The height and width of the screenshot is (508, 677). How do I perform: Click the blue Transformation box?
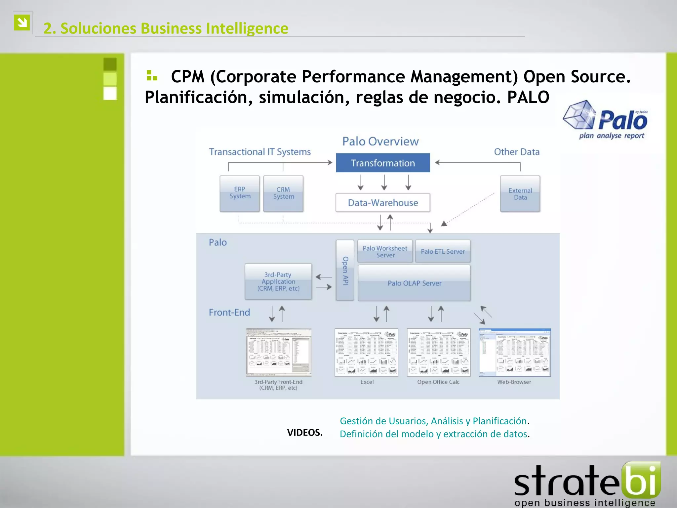click(383, 163)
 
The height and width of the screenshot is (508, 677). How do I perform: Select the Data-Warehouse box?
click(383, 202)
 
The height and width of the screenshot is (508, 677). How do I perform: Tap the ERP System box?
click(240, 193)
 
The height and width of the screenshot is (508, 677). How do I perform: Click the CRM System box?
click(283, 193)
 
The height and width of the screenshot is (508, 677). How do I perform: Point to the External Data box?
click(520, 194)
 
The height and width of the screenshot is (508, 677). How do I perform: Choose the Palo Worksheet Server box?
click(385, 251)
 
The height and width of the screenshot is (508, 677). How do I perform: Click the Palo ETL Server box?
click(443, 251)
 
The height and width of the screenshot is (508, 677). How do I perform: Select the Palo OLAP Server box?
click(414, 283)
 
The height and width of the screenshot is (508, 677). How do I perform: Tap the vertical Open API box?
click(345, 270)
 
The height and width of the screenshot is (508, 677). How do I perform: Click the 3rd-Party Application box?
click(278, 281)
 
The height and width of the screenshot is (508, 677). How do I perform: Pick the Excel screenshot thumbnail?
click(367, 353)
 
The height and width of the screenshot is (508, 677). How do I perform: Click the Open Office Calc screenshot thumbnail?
click(439, 353)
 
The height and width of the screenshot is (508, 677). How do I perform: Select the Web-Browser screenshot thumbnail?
click(515, 353)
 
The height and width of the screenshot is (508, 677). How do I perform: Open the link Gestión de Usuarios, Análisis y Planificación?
click(433, 421)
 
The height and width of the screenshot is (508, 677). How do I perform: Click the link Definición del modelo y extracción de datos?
click(433, 434)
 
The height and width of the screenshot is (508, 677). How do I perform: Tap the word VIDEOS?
click(305, 433)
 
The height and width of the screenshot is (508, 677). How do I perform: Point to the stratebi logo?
click(587, 485)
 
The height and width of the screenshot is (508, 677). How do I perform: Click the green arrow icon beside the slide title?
click(22, 22)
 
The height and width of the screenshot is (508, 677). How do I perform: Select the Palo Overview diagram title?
click(380, 142)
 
